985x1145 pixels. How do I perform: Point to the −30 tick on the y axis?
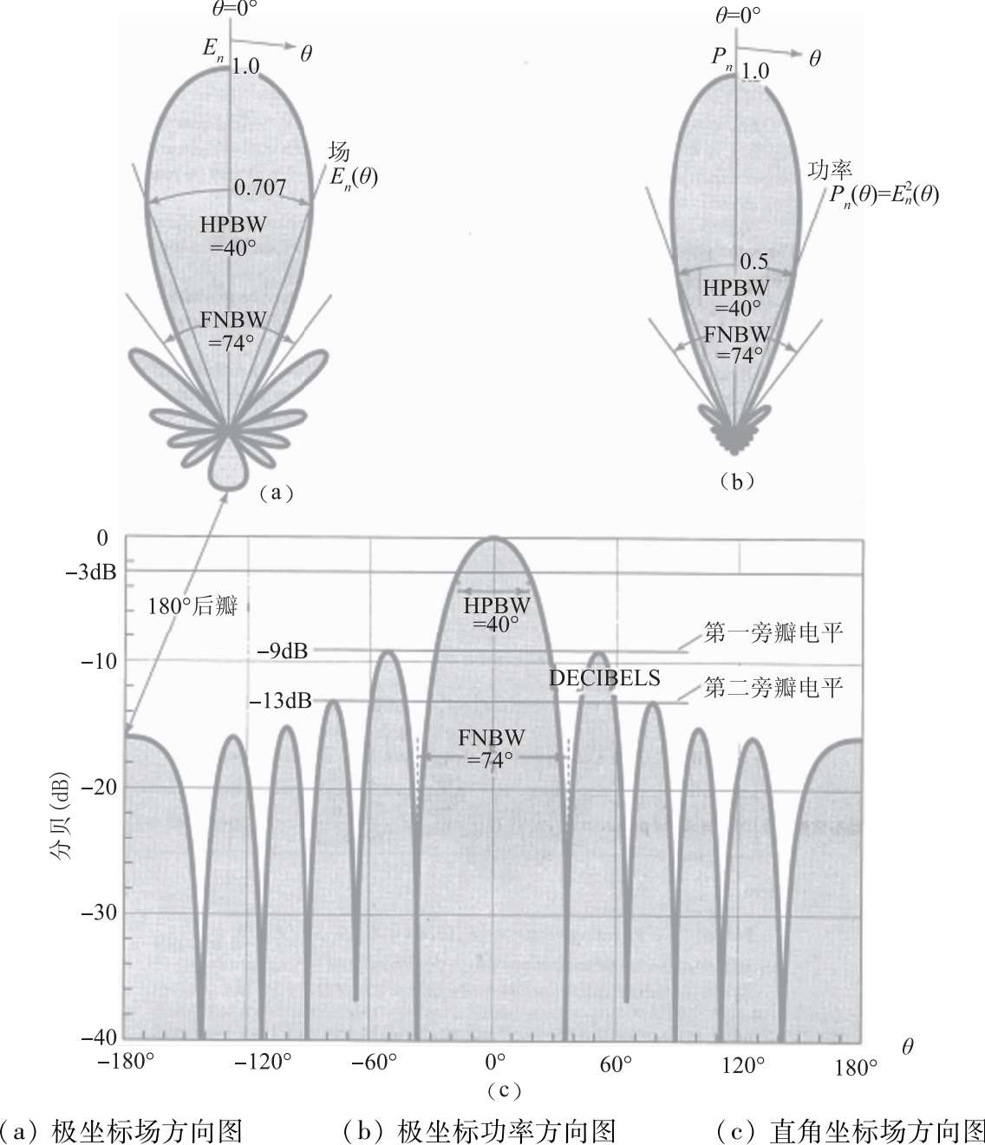(x=99, y=913)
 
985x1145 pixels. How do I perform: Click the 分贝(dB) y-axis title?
(x=60, y=791)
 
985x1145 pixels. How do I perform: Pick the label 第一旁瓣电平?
(x=773, y=632)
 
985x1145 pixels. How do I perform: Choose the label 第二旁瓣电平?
(x=773, y=689)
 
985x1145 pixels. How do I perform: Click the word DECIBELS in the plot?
(x=604, y=678)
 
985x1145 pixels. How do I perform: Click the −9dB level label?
(x=283, y=651)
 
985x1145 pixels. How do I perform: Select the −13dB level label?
(x=280, y=701)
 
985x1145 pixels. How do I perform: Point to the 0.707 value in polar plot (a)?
(x=259, y=186)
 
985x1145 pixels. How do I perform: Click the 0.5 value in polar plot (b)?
(x=753, y=261)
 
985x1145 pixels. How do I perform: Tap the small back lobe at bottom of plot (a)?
(x=230, y=468)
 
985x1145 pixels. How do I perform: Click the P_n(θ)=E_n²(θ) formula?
(x=883, y=194)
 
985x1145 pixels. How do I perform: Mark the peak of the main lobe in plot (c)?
(x=493, y=538)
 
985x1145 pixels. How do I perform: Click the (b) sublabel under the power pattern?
(x=736, y=482)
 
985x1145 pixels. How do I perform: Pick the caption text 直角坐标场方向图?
(x=877, y=1130)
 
